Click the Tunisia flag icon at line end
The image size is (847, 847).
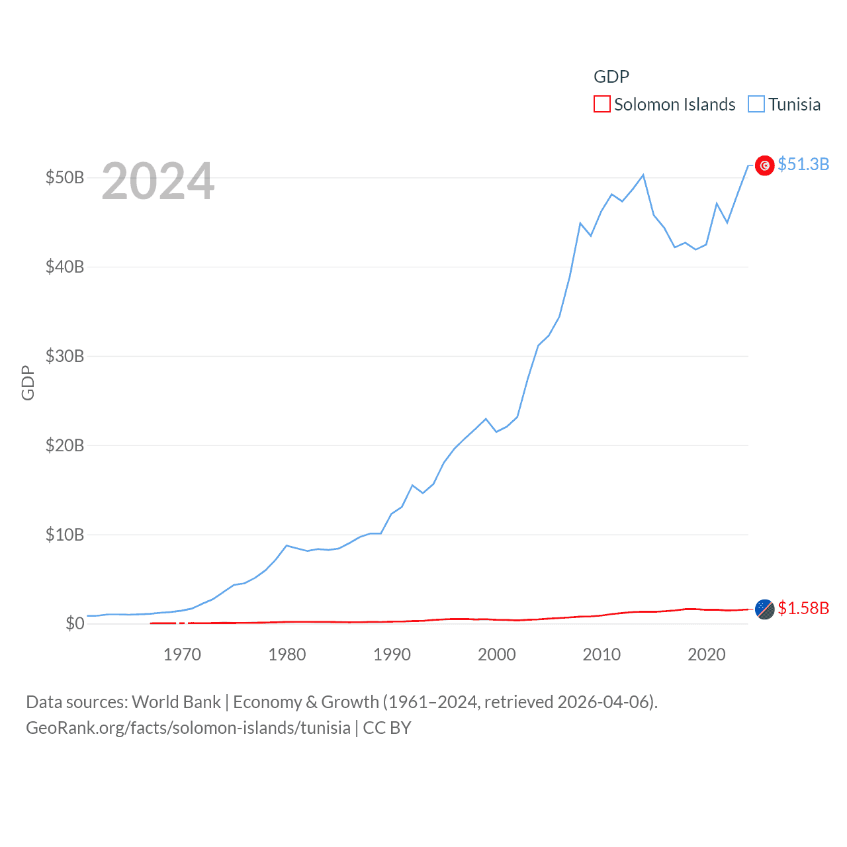[764, 165]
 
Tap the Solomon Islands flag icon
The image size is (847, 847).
[764, 609]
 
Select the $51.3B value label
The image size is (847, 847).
[803, 164]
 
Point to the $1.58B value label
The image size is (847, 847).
[803, 608]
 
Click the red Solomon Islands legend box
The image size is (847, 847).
[602, 105]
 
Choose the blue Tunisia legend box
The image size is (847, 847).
[756, 105]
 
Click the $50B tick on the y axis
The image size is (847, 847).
[65, 178]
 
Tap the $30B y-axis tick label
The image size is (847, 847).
[65, 357]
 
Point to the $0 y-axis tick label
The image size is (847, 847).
[75, 624]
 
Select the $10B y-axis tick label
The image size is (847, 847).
[65, 535]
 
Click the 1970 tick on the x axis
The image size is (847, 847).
[182, 654]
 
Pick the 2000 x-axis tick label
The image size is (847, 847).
[496, 654]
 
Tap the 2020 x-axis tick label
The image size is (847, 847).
[706, 654]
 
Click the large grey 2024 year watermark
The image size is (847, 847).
[158, 181]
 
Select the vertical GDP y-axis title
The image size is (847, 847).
[28, 382]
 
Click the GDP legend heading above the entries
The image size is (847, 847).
[611, 77]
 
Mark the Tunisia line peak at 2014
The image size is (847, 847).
[643, 175]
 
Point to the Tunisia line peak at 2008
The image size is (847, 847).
[580, 223]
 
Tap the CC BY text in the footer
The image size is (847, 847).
[387, 728]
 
